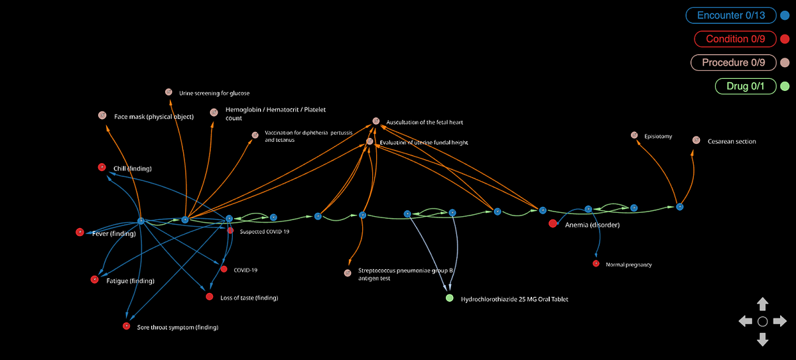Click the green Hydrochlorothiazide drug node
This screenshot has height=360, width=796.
point(450,298)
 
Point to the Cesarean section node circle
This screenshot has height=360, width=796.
point(696,140)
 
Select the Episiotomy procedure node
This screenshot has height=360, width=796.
point(634,135)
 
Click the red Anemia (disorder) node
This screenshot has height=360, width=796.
point(553,223)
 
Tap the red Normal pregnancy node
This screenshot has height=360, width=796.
point(596,264)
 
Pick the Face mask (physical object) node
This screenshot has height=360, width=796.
point(102,115)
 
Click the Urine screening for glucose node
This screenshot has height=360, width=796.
point(168,92)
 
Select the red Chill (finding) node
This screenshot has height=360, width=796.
point(101,167)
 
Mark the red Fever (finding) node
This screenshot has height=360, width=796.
point(80,232)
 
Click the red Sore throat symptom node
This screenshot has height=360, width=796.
point(126,326)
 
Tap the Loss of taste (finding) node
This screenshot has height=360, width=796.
point(210,297)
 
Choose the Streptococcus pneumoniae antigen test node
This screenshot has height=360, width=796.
point(347,272)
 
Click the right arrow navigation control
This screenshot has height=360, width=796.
point(780,322)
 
